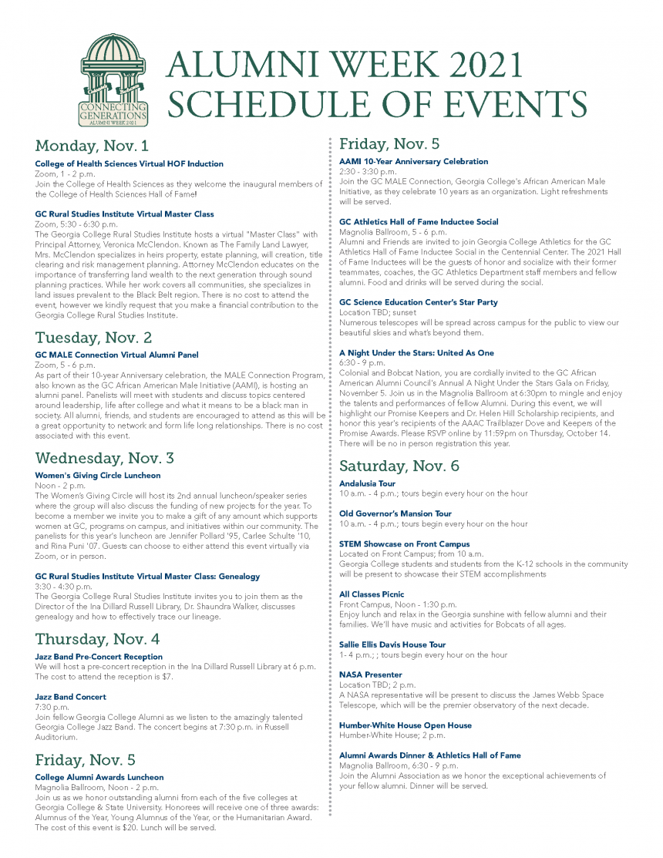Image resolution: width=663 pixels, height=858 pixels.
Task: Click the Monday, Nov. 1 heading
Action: click(92, 146)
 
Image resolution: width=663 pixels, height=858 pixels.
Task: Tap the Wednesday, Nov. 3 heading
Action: click(105, 458)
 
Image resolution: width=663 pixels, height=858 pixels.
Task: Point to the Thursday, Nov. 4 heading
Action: click(97, 639)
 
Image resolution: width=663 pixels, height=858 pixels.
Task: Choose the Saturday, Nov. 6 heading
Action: click(399, 466)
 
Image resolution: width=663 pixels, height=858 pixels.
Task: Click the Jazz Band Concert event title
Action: click(71, 697)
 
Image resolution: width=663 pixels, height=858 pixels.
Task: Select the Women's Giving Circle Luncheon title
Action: click(98, 476)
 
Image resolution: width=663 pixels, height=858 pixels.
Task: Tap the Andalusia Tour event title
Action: click(367, 483)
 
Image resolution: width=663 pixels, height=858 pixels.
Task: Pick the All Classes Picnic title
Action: click(372, 594)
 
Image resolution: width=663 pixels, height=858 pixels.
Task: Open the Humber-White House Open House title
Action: click(406, 725)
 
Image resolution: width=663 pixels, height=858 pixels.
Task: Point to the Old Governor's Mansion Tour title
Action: click(395, 513)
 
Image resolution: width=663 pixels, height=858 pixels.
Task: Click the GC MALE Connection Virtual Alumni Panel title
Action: click(116, 355)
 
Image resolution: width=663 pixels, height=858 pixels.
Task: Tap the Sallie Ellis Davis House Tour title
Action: click(392, 644)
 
